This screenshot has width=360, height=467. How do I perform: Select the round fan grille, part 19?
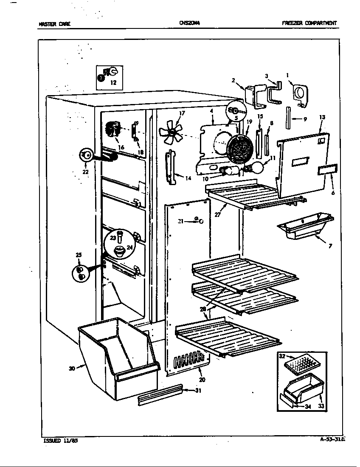(241, 150)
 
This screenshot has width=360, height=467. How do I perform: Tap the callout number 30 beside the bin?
(72, 369)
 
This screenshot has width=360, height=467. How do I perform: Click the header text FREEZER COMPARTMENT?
(309, 23)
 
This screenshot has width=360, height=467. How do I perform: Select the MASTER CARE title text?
(54, 24)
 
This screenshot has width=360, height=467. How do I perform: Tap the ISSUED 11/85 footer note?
(61, 440)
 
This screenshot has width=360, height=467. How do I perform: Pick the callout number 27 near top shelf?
(218, 215)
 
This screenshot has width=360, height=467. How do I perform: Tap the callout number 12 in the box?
(113, 83)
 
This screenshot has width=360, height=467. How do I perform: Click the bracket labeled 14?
(171, 167)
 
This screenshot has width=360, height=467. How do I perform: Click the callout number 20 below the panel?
(202, 380)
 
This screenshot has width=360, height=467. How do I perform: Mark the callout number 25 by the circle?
(79, 255)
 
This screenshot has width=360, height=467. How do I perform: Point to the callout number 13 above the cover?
(322, 117)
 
